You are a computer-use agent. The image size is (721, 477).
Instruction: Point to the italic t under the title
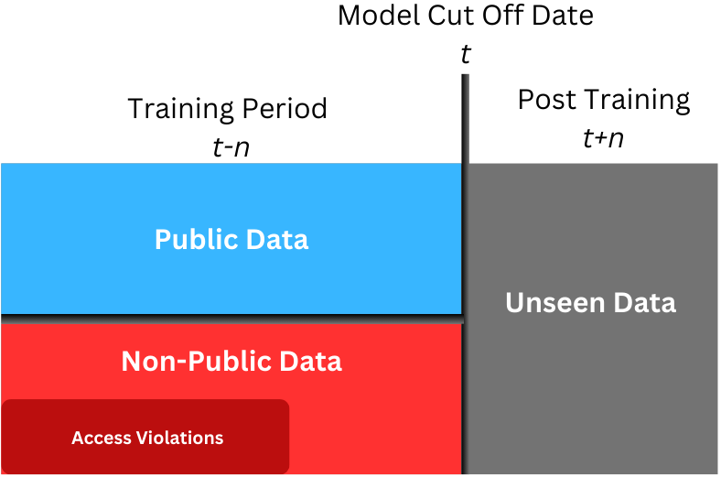click(x=466, y=54)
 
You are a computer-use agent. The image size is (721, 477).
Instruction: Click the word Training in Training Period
click(x=181, y=110)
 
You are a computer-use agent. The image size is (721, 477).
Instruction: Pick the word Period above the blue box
click(x=285, y=109)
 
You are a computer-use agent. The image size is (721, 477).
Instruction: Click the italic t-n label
click(x=231, y=147)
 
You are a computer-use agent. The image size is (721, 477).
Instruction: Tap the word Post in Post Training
click(x=547, y=100)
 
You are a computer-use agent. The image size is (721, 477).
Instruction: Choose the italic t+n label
click(x=603, y=138)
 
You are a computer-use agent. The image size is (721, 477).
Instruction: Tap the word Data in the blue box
click(x=277, y=239)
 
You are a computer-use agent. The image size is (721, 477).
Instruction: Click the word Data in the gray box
click(x=645, y=303)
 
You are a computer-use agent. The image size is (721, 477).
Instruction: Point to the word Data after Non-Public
click(x=311, y=361)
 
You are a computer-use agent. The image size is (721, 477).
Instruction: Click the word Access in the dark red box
click(x=102, y=438)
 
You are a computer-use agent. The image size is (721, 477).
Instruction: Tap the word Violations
click(x=179, y=438)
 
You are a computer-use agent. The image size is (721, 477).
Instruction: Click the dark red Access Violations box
click(x=145, y=437)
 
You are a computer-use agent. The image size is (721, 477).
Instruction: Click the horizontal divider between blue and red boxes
click(x=232, y=320)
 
